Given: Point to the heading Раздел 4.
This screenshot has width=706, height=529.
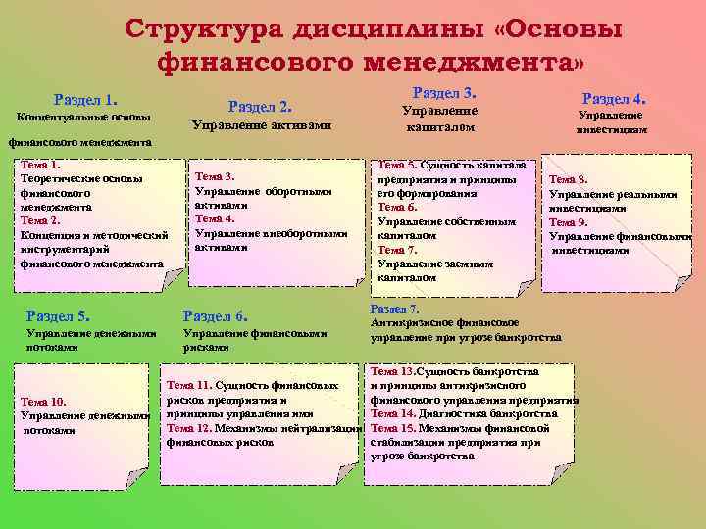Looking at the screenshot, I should [614, 99].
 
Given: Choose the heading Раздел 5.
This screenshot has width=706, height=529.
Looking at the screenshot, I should [59, 315].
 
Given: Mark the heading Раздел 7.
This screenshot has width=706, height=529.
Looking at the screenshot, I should [394, 309].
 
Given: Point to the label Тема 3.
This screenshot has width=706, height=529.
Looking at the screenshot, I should [215, 177].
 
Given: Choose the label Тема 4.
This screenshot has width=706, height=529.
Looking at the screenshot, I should [215, 219].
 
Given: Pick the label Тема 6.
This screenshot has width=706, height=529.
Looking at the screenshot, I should [397, 208].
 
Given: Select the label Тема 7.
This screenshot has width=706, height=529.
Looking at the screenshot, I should [397, 250].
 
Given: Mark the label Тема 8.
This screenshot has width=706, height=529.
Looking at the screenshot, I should [569, 180].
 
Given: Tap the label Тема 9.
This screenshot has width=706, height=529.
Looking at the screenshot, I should [569, 222].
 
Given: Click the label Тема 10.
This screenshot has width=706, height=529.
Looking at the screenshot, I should [43, 402].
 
